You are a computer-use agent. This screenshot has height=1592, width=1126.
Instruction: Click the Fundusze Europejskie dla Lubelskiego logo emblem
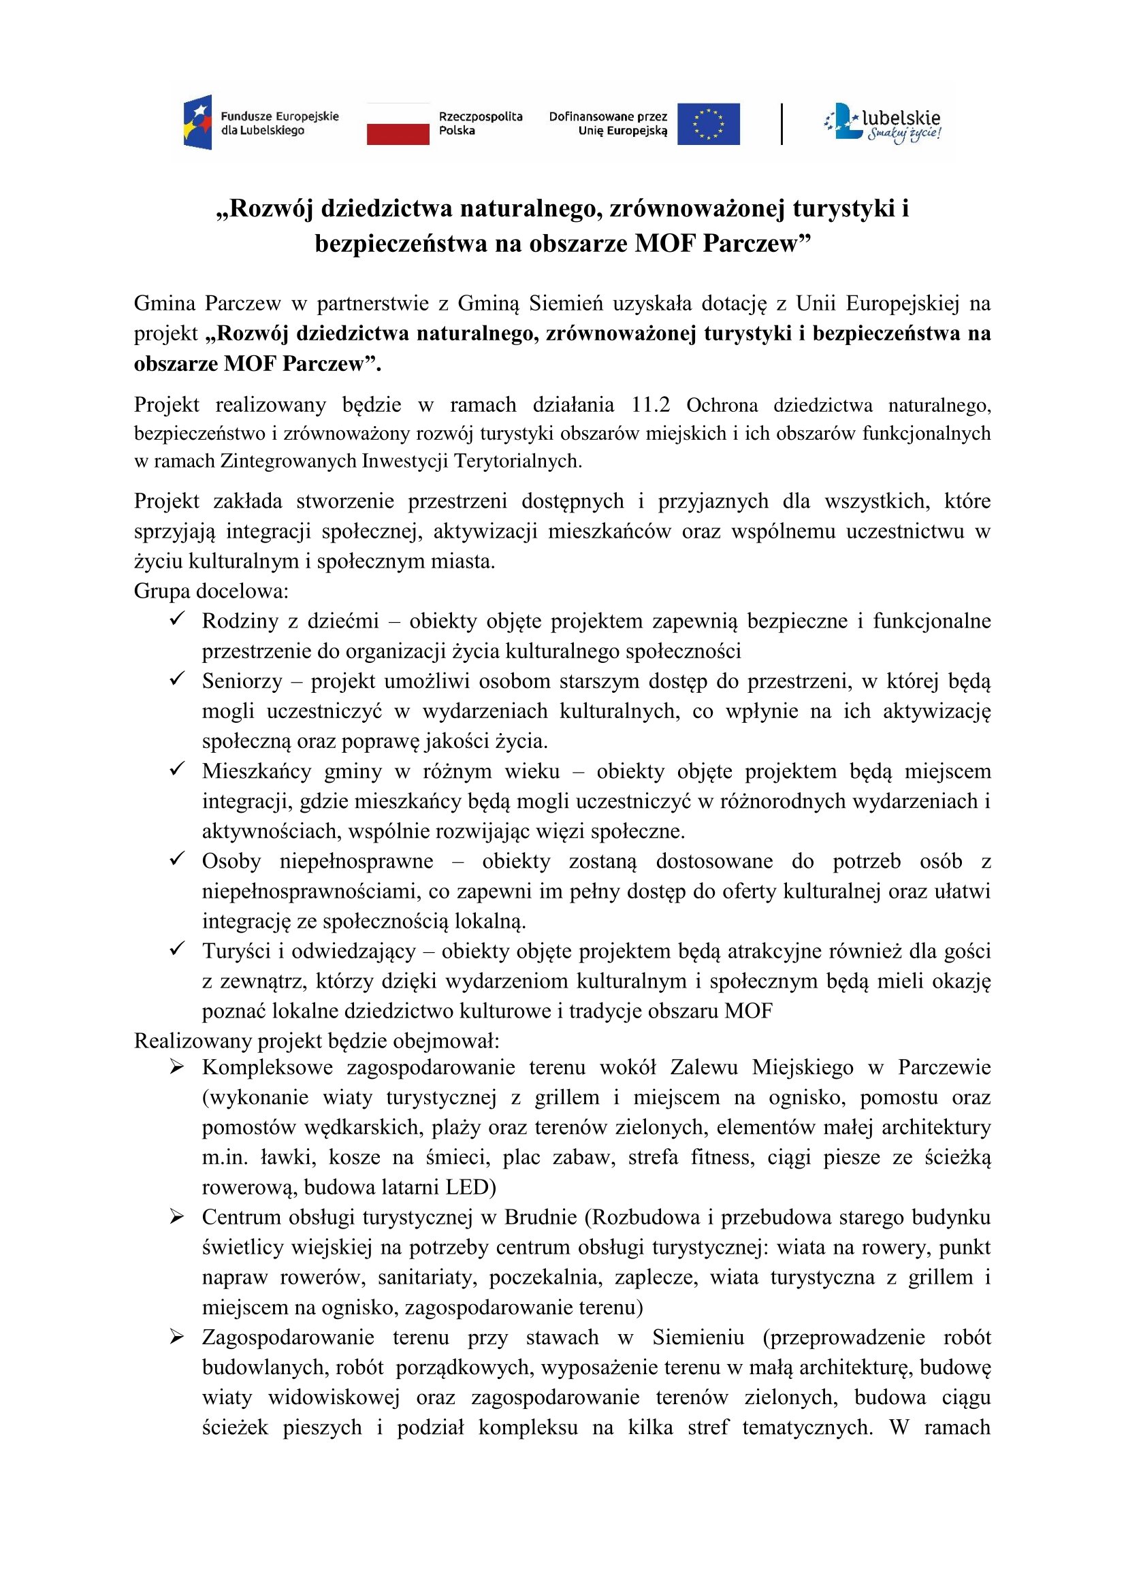[197, 123]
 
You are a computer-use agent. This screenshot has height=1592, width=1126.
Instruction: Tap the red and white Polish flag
[398, 124]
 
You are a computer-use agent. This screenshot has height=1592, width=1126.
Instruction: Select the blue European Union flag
[708, 124]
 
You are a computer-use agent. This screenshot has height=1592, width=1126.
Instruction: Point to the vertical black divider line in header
[782, 124]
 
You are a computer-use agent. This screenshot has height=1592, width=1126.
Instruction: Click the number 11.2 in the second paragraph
[650, 405]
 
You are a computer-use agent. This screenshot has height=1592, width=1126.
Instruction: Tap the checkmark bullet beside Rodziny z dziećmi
[177, 619]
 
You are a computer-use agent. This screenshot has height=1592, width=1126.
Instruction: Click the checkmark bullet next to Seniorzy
[177, 679]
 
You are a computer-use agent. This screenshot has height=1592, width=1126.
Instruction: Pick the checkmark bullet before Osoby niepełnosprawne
[177, 859]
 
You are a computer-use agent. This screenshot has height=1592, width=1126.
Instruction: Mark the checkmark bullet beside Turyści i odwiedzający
[177, 949]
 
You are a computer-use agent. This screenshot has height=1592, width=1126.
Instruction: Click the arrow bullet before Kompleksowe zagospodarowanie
[177, 1067]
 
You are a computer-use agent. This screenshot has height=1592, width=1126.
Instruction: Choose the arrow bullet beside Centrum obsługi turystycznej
[177, 1217]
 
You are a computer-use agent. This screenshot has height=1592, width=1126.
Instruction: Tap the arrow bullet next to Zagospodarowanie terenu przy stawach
[177, 1337]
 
